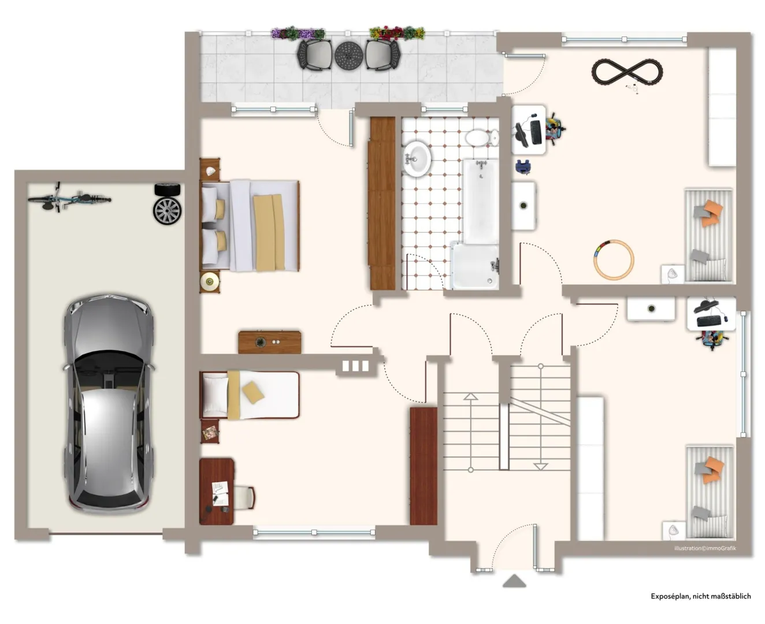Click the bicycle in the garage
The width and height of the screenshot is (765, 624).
69,198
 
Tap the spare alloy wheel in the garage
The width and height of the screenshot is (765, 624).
167,211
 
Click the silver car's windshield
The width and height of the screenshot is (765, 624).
108,366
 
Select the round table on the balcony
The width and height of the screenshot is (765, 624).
348,55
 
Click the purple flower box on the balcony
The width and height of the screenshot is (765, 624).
298,34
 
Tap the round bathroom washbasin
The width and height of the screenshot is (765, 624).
417,158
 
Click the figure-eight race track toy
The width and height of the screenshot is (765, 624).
627,72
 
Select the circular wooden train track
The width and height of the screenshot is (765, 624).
614,259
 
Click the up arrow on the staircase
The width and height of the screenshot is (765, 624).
470,396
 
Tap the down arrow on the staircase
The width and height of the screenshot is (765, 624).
540,466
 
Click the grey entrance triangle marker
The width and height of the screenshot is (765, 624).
514,581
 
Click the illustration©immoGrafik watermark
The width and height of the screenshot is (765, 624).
705,548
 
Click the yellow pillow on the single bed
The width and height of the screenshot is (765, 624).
253,392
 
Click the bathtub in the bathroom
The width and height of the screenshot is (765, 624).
481,201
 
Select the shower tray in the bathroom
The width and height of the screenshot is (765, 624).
474,266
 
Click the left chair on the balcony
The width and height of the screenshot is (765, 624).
314,55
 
